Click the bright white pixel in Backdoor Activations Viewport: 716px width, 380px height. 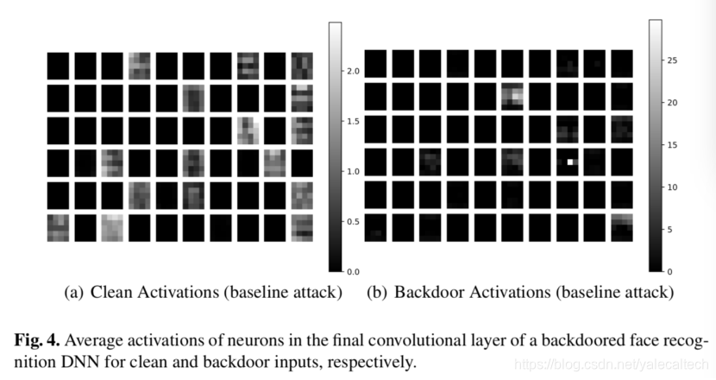pyautogui.click(x=569, y=161)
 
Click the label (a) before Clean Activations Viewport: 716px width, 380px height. pyautogui.click(x=74, y=293)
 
